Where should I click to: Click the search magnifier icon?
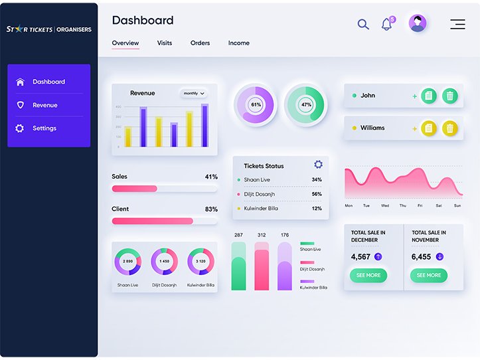click(x=363, y=25)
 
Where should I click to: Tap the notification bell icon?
click(x=386, y=25)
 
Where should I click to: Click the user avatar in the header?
click(x=418, y=24)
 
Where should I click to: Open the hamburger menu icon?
click(x=457, y=25)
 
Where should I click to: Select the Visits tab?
click(x=165, y=43)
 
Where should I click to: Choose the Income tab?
click(x=239, y=43)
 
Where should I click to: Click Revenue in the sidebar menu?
click(x=44, y=105)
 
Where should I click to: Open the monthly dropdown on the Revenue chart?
click(x=194, y=94)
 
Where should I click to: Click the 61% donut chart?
click(x=256, y=105)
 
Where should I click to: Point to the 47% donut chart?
click(x=306, y=105)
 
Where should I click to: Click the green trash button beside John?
click(x=450, y=96)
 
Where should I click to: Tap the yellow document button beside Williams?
click(x=429, y=128)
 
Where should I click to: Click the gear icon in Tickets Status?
click(x=318, y=165)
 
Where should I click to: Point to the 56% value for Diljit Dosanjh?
click(x=317, y=194)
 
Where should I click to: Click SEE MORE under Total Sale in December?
click(x=368, y=275)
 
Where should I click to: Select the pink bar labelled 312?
click(x=262, y=269)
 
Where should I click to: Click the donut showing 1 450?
click(x=164, y=262)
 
